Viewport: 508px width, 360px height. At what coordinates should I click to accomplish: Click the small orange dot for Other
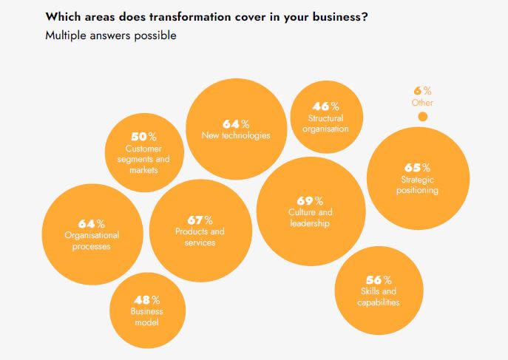tap(422, 117)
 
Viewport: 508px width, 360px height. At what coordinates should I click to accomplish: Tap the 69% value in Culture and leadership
tap(310, 201)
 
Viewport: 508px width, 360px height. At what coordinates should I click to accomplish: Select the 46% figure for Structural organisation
tap(326, 106)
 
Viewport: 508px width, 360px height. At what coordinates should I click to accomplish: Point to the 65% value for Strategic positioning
tap(417, 168)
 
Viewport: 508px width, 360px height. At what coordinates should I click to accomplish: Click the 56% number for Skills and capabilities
tap(378, 280)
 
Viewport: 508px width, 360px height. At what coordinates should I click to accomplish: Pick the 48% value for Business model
tap(146, 299)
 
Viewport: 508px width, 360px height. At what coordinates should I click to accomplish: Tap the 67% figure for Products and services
tap(199, 220)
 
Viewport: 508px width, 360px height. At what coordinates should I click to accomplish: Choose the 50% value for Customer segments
tap(143, 137)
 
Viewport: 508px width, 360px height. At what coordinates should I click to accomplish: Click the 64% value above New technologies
tap(236, 123)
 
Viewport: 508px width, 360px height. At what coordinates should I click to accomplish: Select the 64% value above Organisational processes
tap(91, 223)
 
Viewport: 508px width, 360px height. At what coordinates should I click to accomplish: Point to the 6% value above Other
tap(423, 91)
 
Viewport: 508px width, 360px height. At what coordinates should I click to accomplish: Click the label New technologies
tap(236, 135)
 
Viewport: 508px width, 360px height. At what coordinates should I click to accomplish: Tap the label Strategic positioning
tap(419, 185)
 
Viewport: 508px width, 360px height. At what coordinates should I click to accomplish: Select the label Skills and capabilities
tap(379, 297)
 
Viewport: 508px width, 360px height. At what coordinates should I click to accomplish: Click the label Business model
tap(146, 316)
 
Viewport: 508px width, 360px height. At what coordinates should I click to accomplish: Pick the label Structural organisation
tap(326, 123)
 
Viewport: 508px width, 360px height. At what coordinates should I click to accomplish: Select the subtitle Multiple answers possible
tap(111, 35)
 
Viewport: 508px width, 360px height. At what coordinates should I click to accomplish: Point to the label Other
tap(422, 103)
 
